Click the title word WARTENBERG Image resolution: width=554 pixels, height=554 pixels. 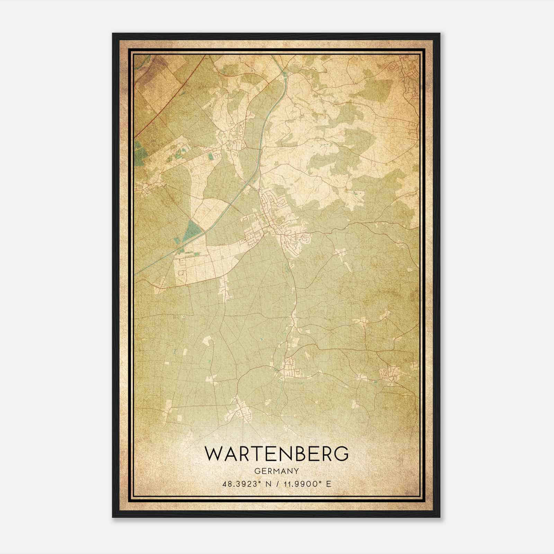[x=277, y=454]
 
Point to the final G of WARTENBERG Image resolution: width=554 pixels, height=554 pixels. [x=341, y=454]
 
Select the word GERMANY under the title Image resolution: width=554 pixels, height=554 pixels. [x=277, y=471]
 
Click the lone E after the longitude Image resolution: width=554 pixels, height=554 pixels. [x=329, y=484]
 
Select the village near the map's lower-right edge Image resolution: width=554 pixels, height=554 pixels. [x=390, y=374]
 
